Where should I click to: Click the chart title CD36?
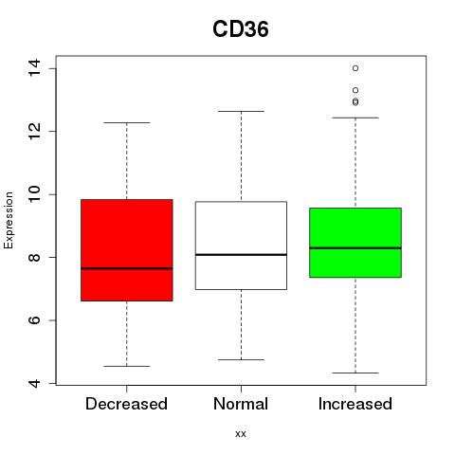point(241,29)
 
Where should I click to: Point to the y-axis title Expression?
point(9,220)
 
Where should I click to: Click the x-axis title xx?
point(241,434)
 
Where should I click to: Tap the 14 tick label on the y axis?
point(34,67)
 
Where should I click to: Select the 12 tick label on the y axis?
point(34,131)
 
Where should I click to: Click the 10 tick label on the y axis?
point(34,194)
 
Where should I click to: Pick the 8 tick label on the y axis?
point(34,257)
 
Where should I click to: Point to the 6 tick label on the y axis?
point(34,320)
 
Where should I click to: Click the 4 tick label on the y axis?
point(34,383)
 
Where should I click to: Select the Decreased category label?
point(126,404)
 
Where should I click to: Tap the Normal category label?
point(241,404)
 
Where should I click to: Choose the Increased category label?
point(355,404)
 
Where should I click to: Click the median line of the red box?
point(127,268)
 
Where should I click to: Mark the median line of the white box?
point(241,254)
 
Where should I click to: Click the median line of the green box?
point(355,248)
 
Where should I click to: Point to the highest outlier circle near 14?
point(355,68)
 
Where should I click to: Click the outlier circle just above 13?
point(355,90)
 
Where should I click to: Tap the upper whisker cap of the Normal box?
point(241,111)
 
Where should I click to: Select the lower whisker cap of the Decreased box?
point(127,366)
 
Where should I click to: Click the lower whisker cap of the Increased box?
point(355,373)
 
